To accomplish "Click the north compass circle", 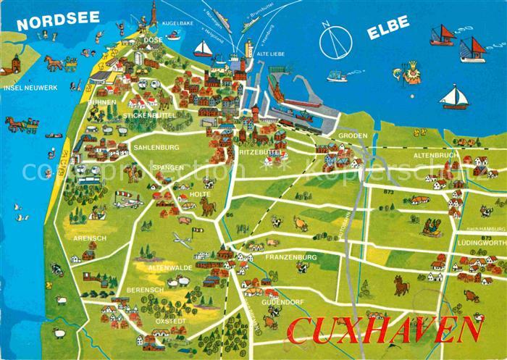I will click(x=335, y=41).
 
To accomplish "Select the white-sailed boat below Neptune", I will click(x=454, y=96).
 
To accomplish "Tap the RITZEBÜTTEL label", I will click(x=260, y=153).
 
